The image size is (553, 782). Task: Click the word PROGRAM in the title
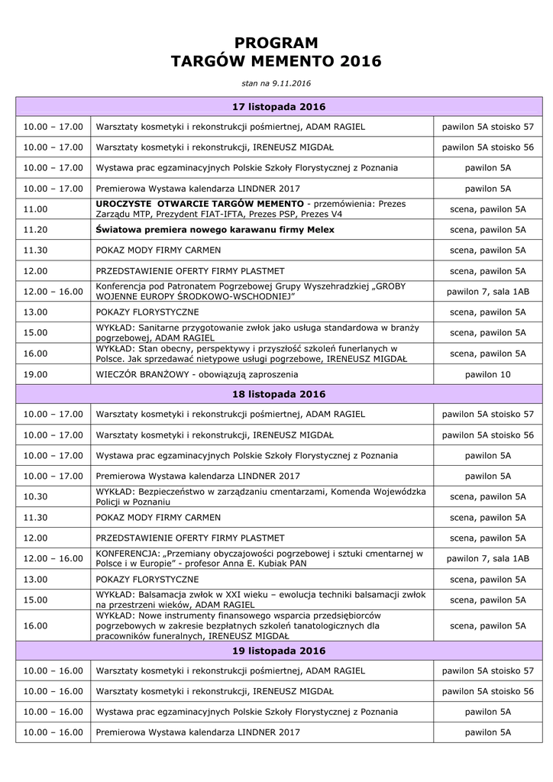coord(276,42)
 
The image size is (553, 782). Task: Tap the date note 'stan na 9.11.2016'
coord(276,82)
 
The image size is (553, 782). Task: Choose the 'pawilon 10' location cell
coord(487,374)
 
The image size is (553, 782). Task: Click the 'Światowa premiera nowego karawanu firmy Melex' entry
coord(215,230)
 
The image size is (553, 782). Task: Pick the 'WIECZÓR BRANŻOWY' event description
coord(196,374)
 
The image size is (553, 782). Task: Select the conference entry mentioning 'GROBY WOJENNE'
coord(251,291)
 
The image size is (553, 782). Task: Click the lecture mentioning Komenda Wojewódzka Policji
coord(260,496)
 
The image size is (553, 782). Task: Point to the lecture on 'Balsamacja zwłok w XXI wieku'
coord(260,599)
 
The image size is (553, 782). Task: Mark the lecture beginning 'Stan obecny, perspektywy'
coord(251,353)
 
